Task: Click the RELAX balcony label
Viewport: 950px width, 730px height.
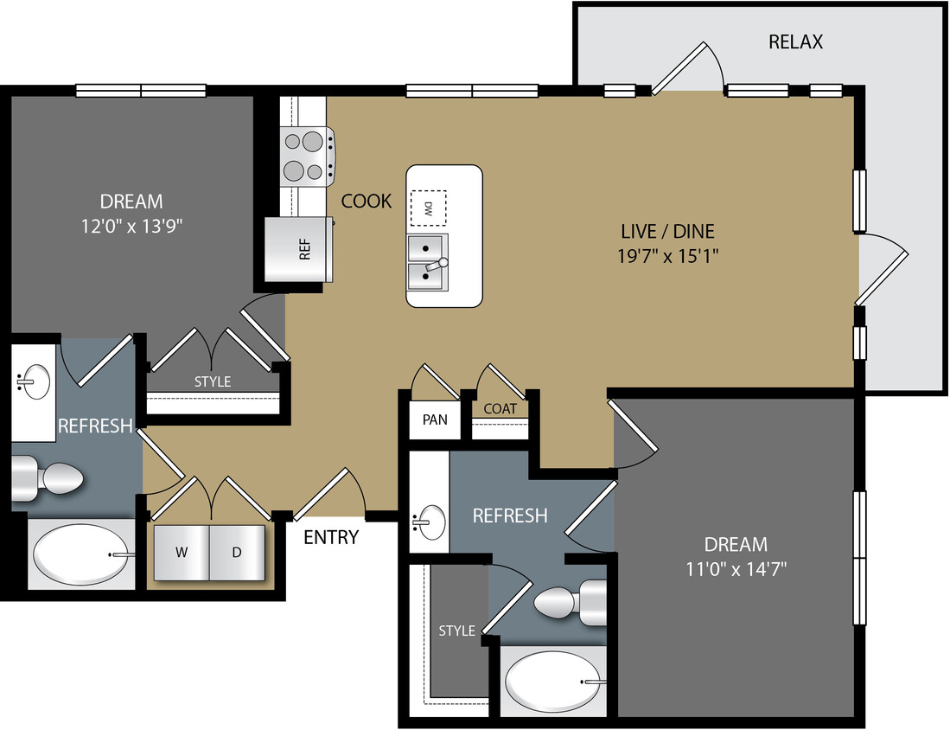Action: click(x=795, y=42)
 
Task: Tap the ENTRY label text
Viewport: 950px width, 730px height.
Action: click(x=331, y=537)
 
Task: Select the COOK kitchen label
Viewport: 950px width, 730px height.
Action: click(x=367, y=202)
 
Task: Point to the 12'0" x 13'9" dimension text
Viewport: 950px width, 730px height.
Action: click(x=131, y=226)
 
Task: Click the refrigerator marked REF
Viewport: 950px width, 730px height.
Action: click(x=299, y=249)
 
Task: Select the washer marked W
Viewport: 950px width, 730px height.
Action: click(x=182, y=553)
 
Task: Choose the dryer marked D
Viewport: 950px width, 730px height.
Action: click(x=237, y=553)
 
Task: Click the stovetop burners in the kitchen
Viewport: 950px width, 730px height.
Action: click(x=304, y=156)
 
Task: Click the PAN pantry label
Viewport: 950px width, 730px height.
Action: click(x=435, y=419)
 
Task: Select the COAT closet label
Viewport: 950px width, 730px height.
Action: click(x=500, y=409)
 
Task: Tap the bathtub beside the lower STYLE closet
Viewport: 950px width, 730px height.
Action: click(x=553, y=681)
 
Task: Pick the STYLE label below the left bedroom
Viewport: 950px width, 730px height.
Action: click(x=212, y=381)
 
